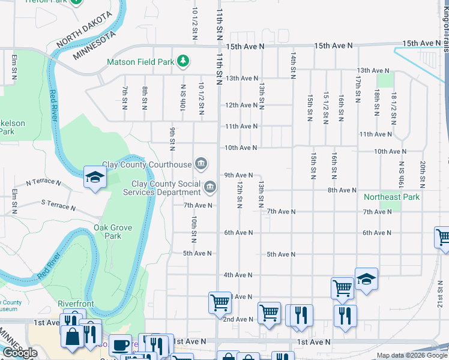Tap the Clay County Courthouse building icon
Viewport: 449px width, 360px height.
202,164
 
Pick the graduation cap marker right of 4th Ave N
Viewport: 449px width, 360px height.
366,279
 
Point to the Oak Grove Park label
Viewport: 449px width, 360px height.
107,232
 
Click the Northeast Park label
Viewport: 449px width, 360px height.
391,197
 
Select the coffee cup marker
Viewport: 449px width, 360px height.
120,346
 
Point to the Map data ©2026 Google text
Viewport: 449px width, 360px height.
411,355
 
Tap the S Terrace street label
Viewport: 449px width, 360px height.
58,205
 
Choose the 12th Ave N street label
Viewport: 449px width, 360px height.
241,105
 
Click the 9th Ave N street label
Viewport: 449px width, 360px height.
243,175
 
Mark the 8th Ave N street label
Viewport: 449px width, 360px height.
342,190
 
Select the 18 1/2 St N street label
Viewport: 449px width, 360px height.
393,107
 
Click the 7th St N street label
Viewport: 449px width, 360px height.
125,98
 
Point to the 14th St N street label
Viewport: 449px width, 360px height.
293,63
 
